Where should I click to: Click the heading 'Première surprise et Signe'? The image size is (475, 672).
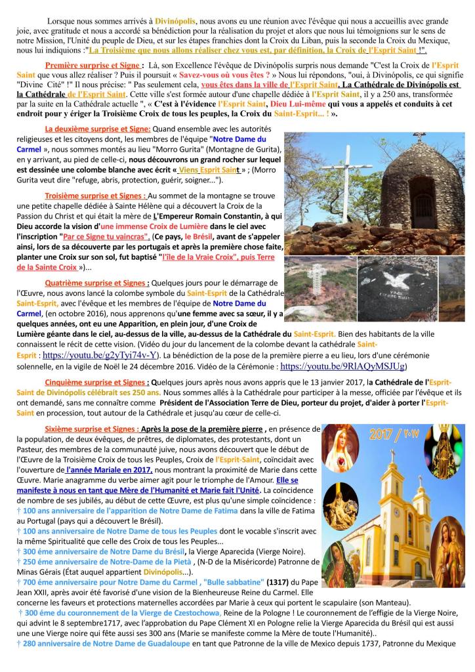coord(92,66)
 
